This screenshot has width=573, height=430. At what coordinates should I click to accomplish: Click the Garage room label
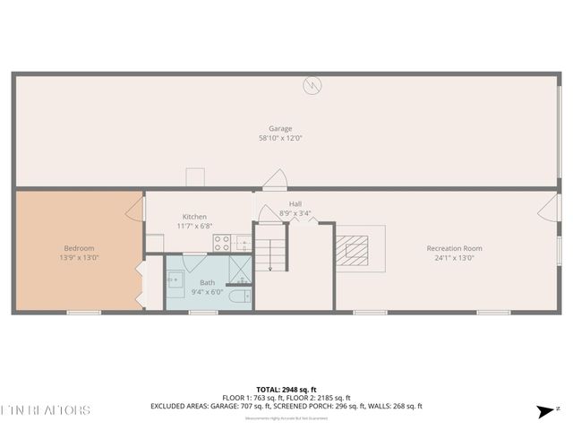280,128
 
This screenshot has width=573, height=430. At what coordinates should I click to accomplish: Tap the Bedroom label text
79,248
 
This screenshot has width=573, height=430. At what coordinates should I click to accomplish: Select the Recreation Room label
454,248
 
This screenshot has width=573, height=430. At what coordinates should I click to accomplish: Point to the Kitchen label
194,217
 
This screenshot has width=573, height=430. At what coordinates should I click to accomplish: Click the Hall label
295,204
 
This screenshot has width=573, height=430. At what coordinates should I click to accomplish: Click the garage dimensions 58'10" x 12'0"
280,138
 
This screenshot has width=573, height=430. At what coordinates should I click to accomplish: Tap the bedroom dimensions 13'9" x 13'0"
79,258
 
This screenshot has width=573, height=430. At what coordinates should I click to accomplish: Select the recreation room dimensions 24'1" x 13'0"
454,258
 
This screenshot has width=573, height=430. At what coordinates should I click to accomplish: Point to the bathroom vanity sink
175,281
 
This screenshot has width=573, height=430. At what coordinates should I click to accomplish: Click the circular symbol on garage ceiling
312,86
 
